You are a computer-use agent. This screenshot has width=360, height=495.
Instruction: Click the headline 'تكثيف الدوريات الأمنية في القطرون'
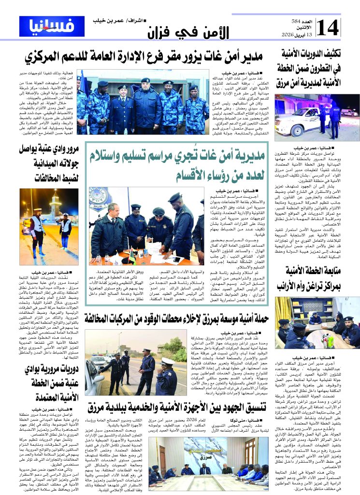tap(317, 68)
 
